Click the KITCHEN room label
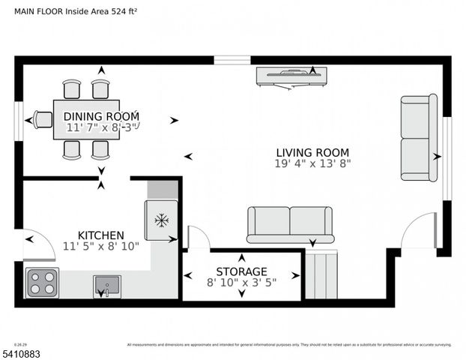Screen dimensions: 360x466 101,235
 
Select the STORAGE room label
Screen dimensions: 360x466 241,271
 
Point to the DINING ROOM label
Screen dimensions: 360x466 101,116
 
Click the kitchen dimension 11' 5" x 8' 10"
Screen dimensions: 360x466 101,246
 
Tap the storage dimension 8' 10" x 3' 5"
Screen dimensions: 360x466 241,283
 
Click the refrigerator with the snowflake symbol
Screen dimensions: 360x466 161,220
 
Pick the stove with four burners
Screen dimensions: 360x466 42,283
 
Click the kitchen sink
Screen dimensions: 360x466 106,286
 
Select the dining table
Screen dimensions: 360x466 86,120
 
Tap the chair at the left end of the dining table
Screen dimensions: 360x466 43,119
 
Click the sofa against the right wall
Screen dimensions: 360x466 419,138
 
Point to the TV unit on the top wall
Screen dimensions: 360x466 291,76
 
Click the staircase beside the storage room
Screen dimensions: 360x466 321,274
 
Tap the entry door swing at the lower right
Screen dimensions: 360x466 419,231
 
